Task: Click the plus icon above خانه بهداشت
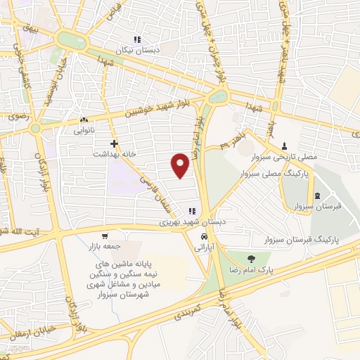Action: [103, 143]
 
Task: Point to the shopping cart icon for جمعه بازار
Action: [105, 236]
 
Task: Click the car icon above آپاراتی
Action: [204, 236]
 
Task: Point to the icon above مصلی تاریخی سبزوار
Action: [284, 146]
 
